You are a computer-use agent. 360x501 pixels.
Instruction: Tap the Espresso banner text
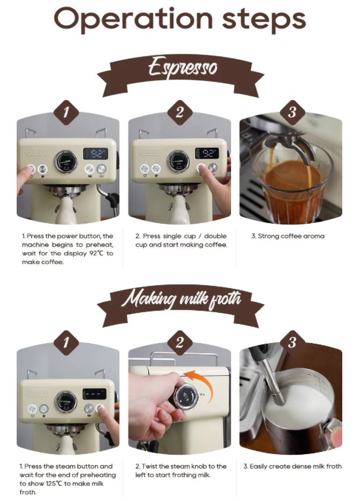click(182, 68)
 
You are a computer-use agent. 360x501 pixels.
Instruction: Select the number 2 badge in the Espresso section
click(179, 112)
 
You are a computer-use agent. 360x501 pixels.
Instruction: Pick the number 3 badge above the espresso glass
click(292, 112)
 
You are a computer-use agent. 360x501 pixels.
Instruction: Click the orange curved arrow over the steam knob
click(201, 380)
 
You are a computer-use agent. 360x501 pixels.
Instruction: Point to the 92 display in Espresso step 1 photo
click(95, 153)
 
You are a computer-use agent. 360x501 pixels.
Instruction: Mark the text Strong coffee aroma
click(287, 236)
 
